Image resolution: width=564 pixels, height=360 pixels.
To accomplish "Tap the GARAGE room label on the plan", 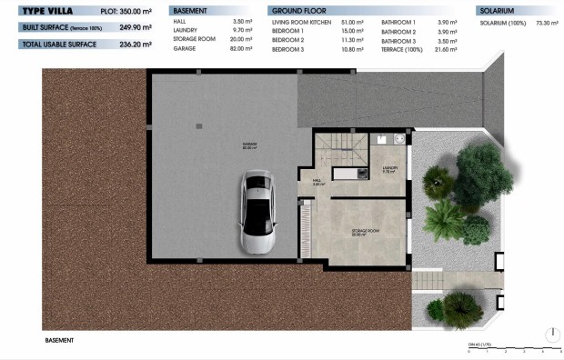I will (x=249, y=145).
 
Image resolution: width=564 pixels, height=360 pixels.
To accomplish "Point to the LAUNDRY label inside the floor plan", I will (x=390, y=169).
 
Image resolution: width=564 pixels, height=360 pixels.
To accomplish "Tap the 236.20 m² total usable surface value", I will (x=134, y=44).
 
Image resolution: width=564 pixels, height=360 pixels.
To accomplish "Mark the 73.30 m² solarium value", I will (x=542, y=21).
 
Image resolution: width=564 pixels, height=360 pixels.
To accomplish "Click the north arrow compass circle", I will (x=550, y=334).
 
